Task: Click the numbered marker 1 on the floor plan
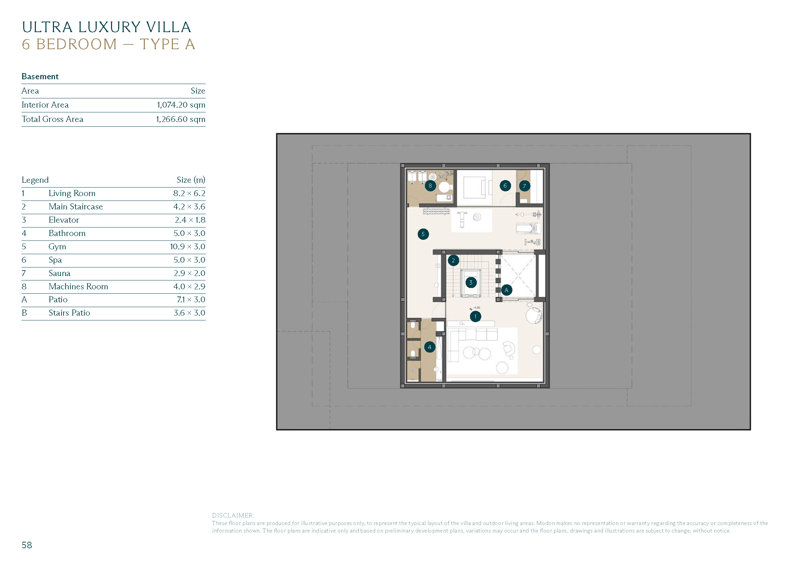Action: coord(476,316)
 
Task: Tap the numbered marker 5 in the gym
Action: coord(423,234)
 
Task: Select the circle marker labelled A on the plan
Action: coord(506,290)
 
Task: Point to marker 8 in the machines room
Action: coord(430,185)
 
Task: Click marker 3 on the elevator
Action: coord(471,282)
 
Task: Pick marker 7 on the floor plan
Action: coord(524,186)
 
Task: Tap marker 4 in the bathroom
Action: coord(430,347)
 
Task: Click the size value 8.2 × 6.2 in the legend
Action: coord(189,193)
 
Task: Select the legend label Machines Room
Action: coord(78,286)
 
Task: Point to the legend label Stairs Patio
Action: coord(69,313)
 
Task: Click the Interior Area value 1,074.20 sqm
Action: coord(181,105)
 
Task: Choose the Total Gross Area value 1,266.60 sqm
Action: coord(181,119)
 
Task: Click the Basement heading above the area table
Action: coord(40,77)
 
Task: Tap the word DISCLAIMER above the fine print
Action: coord(233,515)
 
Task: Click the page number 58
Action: coord(27,545)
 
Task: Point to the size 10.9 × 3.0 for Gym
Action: coord(188,247)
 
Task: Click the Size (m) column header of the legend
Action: coord(191,180)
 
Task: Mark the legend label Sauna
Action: coord(59,273)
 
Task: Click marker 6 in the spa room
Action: coord(505,185)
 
